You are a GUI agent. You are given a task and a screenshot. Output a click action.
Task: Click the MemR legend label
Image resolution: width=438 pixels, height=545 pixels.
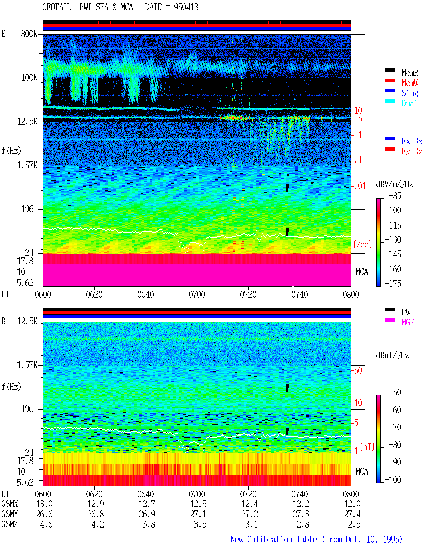coord(410,73)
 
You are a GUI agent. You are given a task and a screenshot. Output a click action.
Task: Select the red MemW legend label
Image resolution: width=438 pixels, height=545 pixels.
coord(410,83)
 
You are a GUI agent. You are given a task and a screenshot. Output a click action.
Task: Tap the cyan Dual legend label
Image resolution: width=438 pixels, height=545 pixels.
coord(409,103)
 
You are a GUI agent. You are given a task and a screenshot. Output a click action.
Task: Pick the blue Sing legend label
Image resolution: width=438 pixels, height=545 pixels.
coord(410,93)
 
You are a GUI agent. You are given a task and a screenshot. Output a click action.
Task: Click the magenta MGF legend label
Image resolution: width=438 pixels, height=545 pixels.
coord(408,322)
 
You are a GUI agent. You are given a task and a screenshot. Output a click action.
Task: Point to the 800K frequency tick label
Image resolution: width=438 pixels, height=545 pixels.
coord(29,34)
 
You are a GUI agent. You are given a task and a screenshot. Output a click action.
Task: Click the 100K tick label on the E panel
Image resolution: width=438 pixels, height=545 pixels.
coord(29,78)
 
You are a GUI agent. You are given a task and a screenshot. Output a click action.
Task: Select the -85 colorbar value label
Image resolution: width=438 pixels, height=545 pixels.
coord(395,196)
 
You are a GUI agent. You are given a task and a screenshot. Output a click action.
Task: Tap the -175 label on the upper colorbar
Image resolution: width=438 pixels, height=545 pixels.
coord(393,283)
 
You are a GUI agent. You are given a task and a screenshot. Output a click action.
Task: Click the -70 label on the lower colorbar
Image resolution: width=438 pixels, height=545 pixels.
coord(395,427)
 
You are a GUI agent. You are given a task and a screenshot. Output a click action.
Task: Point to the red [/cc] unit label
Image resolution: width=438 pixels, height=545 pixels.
coord(362,244)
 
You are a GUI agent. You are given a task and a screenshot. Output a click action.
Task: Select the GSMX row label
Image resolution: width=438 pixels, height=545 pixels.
coord(10,504)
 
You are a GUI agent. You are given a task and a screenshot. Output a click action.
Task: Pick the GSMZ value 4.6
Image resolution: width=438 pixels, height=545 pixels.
coord(46,524)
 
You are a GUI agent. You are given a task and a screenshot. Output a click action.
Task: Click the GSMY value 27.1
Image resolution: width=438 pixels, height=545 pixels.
coord(198,514)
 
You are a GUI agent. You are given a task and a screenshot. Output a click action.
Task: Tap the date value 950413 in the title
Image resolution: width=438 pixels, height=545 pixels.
coord(186,7)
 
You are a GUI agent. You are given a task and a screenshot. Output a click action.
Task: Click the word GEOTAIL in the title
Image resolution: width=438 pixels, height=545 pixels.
coord(57,7)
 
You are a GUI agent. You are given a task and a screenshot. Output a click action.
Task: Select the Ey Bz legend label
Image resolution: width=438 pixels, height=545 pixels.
coord(412,151)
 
